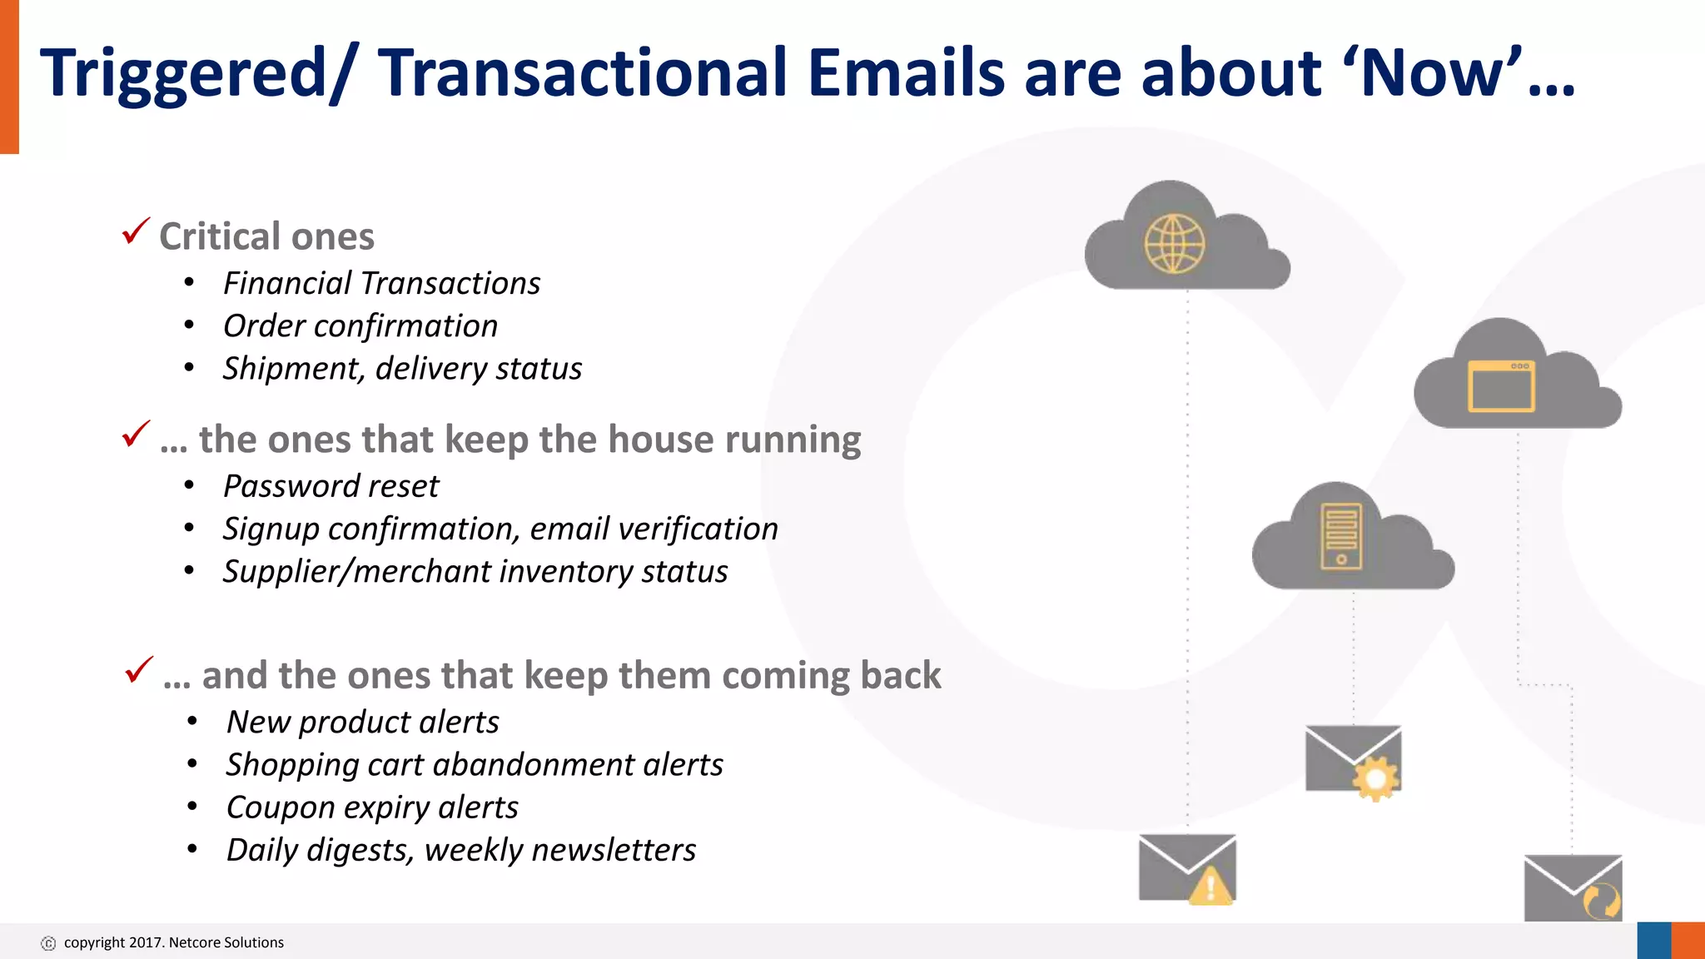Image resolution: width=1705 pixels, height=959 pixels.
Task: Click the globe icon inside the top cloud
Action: coord(1174,244)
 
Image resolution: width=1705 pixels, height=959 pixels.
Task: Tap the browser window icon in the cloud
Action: coord(1501,387)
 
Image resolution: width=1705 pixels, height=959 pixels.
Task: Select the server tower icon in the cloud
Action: coord(1341,537)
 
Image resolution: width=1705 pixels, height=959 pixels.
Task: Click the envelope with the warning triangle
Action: coord(1187,868)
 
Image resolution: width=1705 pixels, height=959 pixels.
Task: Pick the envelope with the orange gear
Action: coord(1354,760)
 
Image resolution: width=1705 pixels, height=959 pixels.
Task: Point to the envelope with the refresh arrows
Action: coord(1573,888)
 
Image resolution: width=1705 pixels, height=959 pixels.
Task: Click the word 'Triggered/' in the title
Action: coord(199,73)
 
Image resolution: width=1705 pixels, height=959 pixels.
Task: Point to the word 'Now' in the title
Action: coord(1431,73)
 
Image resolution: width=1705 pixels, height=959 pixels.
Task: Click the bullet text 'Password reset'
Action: coord(331,486)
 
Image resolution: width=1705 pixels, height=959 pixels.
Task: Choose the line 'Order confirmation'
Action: coord(360,326)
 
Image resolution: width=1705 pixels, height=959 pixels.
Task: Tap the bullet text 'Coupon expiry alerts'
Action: coord(371,807)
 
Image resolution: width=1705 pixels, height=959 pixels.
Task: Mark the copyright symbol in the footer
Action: coord(48,943)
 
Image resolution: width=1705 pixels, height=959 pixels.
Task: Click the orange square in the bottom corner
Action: coord(1688,941)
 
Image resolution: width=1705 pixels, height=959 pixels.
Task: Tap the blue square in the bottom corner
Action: coord(1654,941)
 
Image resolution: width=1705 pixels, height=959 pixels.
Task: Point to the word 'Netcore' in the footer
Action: coord(195,942)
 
